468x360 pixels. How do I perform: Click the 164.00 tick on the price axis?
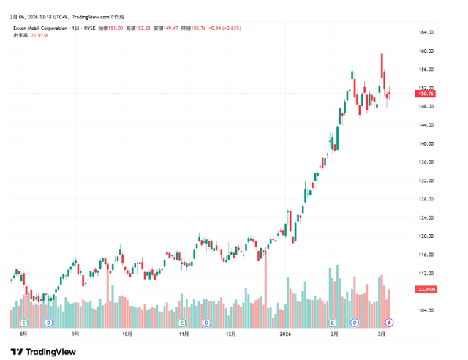pyautogui.click(x=426, y=32)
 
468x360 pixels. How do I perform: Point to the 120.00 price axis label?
pyautogui.click(x=426, y=236)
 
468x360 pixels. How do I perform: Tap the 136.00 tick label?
pyautogui.click(x=426, y=162)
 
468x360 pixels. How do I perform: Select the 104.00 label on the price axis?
pyautogui.click(x=426, y=310)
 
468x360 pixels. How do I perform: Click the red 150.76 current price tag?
pyautogui.click(x=426, y=94)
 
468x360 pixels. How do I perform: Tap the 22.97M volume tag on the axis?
pyautogui.click(x=426, y=290)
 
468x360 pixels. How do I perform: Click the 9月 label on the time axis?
pyautogui.click(x=75, y=333)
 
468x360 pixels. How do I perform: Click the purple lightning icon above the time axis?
pyautogui.click(x=390, y=322)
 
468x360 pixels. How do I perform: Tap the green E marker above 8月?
pyautogui.click(x=23, y=322)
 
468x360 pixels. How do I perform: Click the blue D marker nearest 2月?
pyautogui.click(x=355, y=322)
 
